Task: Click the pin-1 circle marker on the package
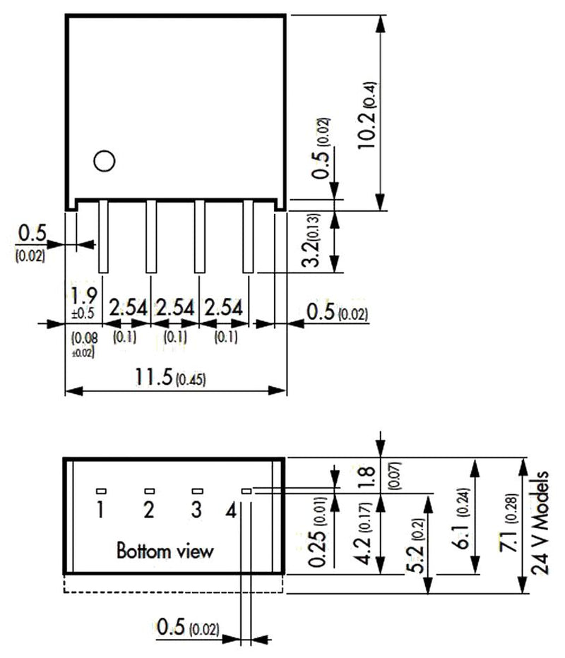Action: click(x=104, y=161)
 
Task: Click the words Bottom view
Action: click(x=164, y=549)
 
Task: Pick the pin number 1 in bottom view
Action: click(x=101, y=510)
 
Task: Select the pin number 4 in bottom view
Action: click(x=230, y=510)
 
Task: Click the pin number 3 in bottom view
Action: click(x=196, y=510)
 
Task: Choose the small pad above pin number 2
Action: click(x=149, y=491)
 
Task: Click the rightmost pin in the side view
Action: click(x=247, y=237)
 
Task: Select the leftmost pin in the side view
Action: click(x=102, y=237)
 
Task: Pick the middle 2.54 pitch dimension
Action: click(x=175, y=309)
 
